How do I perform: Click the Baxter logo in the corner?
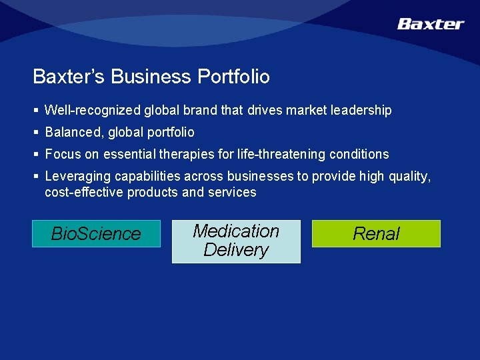430,24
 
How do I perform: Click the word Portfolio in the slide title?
233,77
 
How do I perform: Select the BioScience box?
96,234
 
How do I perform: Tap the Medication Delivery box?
236,241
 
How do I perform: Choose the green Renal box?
376,234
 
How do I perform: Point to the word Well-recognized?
93,110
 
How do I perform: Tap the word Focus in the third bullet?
61,154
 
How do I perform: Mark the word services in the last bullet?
232,192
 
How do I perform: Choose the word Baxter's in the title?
69,77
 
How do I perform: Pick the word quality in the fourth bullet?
411,177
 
